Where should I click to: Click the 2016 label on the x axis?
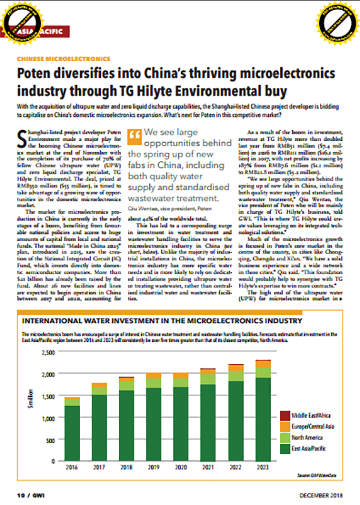72,466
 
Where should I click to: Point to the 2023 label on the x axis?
262,466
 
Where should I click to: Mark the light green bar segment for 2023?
262,372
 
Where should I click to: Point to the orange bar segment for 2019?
154,375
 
